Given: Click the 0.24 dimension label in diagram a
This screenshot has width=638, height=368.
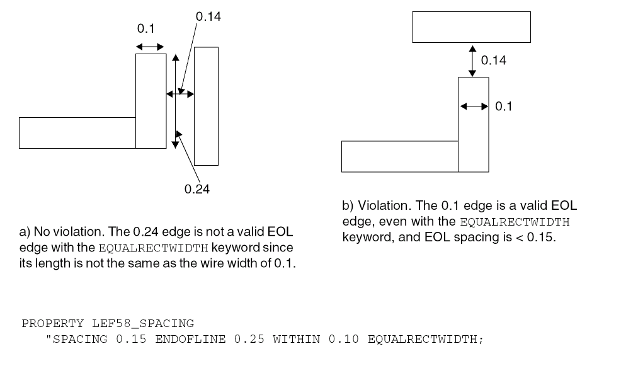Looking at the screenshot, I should coord(197,189).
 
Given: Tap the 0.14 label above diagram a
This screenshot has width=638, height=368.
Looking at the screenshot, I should coord(208,17).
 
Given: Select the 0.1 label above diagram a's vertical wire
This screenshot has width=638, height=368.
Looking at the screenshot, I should coord(145,28).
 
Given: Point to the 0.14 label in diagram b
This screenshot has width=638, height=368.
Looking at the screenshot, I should coord(493,60).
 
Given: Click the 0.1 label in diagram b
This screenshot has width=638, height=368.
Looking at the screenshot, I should coord(503,106).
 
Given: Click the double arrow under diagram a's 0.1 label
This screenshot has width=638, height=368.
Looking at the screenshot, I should coord(150,47).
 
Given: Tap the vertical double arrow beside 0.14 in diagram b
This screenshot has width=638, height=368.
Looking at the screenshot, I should coord(472,60).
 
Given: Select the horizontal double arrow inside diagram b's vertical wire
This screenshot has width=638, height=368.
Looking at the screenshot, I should coord(474,107).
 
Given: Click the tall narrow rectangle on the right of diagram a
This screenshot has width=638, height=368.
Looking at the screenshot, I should coord(206,106).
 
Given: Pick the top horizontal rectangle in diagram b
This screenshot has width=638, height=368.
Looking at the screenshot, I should coord(470,26).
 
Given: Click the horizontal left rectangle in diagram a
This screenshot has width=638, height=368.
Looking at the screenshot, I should coord(77,132).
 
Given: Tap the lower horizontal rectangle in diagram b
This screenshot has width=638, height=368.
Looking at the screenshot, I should coord(399,156).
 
